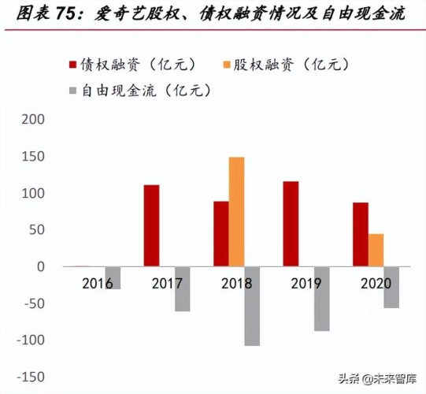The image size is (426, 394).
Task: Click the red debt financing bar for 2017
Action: [151, 225]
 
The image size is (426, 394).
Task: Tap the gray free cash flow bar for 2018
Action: [252, 306]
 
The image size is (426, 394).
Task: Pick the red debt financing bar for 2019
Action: [291, 224]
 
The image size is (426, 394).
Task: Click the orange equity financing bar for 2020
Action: [376, 250]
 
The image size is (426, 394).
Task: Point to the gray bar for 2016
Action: [113, 277]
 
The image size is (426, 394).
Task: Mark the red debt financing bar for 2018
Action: [221, 233]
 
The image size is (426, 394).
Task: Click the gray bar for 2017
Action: [182, 288]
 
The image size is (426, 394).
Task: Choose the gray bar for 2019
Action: [321, 299]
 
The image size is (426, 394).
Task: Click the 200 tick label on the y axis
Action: [33, 120]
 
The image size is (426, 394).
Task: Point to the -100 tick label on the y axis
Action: [30, 340]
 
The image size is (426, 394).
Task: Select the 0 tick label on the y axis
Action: [41, 267]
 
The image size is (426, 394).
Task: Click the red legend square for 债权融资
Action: [73, 65]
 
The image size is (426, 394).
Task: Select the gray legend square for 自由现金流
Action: [73, 91]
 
